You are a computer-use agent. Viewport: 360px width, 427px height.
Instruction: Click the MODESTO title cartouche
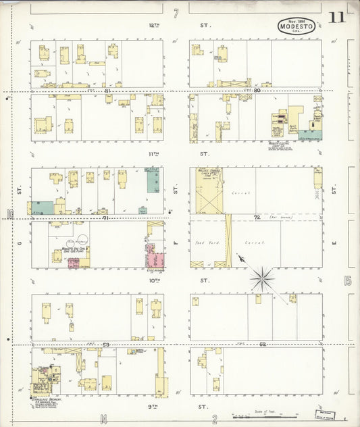295,28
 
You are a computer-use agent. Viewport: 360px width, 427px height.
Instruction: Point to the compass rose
262,276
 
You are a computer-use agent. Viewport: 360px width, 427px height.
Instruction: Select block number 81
107,90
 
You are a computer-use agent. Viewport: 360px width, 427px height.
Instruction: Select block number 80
256,90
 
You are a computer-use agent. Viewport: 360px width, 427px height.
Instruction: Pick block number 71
106,218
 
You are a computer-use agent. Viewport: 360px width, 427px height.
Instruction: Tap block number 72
257,218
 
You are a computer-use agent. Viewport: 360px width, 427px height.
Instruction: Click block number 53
106,345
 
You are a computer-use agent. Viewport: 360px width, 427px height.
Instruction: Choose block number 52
262,345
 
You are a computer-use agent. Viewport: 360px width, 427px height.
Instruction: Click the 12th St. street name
154,25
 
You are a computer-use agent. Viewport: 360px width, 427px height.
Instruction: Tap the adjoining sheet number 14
103,419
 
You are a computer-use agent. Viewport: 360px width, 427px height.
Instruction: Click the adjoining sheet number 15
348,280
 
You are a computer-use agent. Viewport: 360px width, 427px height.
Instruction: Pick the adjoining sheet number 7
176,13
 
